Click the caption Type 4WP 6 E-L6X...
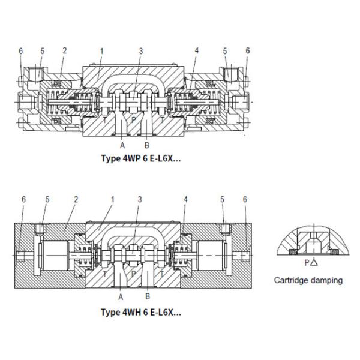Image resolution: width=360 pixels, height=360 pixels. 140,160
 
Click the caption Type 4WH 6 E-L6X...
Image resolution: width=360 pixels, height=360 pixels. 140,311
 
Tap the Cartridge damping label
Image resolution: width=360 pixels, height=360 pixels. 308,280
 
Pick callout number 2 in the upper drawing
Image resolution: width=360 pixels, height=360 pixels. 64,51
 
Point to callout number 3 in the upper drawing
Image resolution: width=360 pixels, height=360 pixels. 140,51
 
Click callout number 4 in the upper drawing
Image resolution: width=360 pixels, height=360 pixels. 196,51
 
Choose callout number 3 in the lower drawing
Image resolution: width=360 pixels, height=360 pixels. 140,199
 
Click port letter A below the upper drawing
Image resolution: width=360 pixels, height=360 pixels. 122,145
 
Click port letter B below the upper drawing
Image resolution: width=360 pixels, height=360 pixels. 147,145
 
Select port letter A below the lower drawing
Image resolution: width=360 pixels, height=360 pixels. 122,296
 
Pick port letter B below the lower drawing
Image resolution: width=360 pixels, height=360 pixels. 147,296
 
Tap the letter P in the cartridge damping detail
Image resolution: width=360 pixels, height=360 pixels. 307,263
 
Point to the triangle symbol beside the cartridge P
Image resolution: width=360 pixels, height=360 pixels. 314,263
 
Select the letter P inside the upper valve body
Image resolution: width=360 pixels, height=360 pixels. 134,119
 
